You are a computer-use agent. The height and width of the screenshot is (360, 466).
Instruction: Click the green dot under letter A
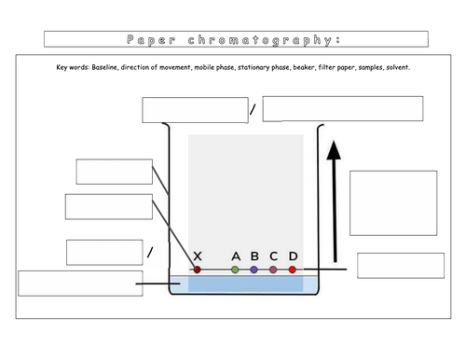pos(235,270)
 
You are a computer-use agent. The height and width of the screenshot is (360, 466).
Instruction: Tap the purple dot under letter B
pos(254,270)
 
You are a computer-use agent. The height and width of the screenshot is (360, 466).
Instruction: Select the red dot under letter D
pos(293,270)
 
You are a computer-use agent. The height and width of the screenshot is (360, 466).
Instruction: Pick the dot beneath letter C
pos(273,270)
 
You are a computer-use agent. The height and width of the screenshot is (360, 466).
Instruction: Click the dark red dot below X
pos(197,270)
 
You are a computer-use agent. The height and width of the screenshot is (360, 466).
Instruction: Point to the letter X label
pos(197,256)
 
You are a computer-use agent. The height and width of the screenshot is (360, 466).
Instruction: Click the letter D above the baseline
pos(293,256)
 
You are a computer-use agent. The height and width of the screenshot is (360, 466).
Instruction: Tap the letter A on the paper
pos(235,256)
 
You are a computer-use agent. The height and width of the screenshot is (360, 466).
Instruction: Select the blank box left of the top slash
pos(194,109)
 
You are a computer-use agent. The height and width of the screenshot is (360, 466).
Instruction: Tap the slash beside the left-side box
pos(150,253)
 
